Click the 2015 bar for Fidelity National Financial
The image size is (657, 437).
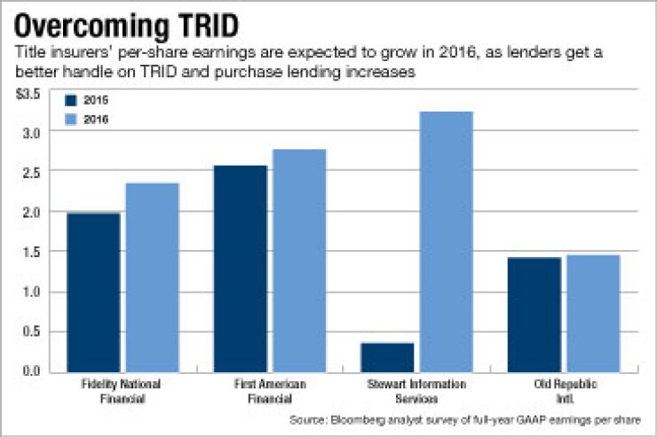93,293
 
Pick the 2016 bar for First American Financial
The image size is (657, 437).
299,261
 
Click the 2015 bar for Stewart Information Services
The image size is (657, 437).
387,357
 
